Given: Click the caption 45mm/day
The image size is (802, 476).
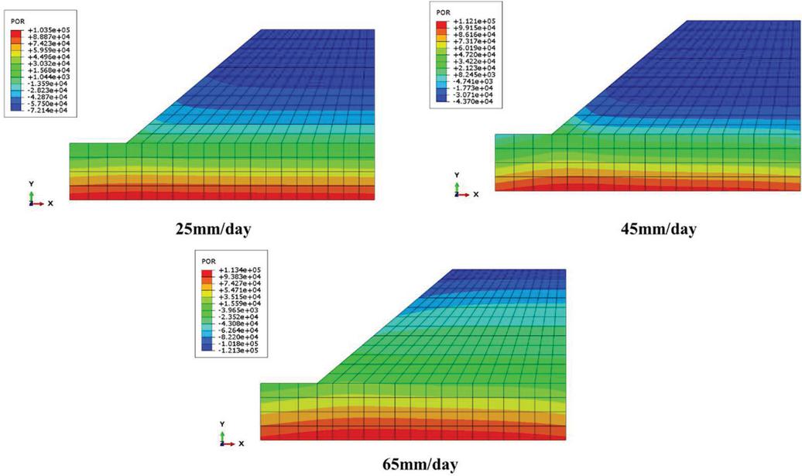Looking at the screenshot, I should point(658,229).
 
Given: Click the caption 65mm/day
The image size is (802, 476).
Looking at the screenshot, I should point(421,464).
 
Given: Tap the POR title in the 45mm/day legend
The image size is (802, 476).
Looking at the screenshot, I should point(443,12).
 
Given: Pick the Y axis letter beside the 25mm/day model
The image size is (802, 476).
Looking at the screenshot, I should point(32,183).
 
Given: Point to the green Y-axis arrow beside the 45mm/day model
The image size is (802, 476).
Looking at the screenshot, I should point(456,186).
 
